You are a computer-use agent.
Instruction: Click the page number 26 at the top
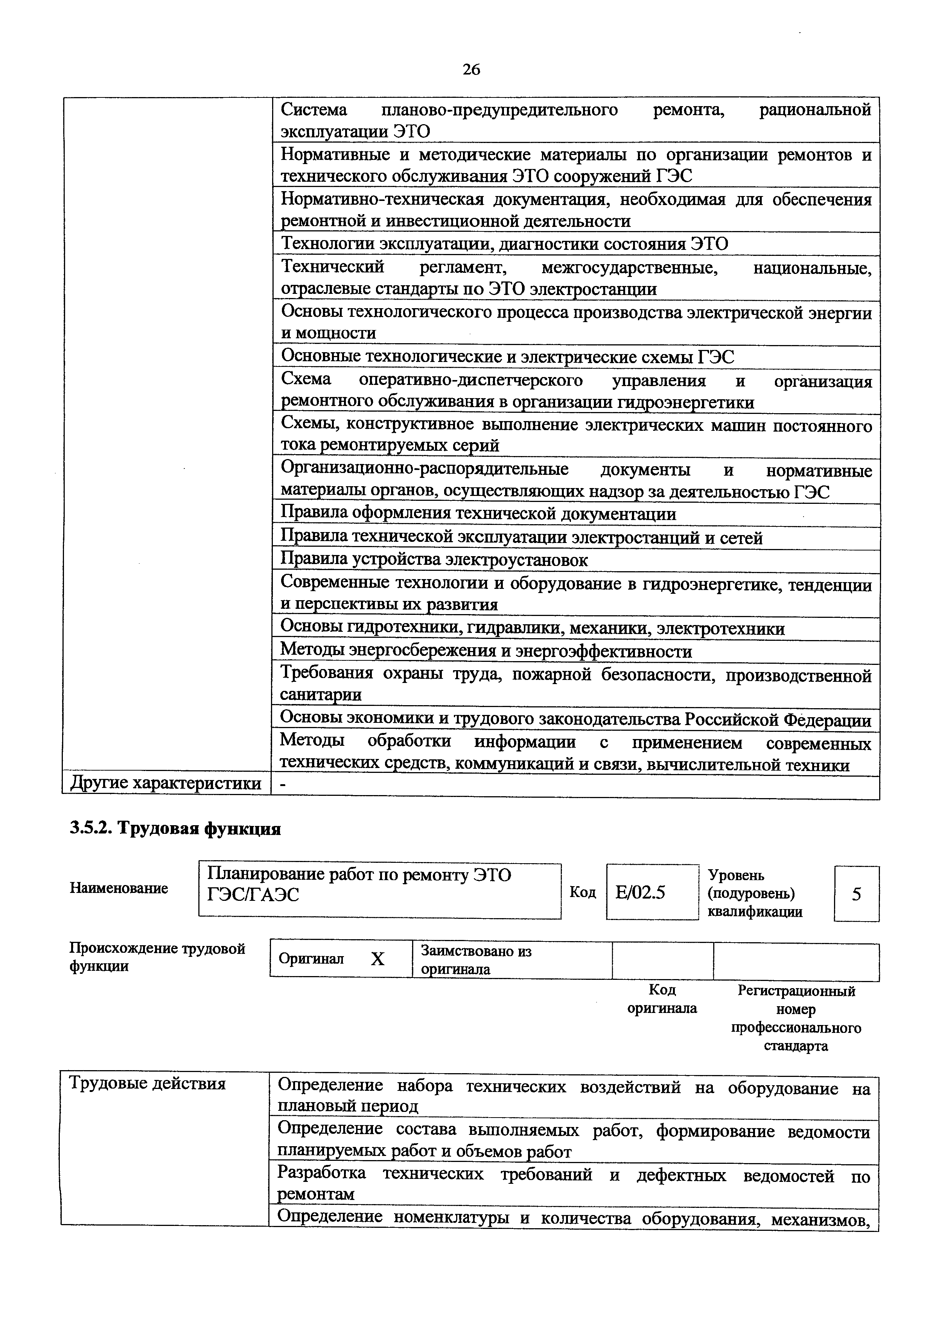pos(471,70)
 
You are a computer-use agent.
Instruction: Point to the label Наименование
pos(119,888)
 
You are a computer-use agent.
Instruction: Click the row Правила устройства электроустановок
pos(434,560)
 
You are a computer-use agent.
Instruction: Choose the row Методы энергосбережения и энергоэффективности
pos(486,651)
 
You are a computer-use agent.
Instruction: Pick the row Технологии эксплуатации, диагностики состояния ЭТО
pos(504,244)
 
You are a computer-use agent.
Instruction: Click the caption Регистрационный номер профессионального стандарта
pos(796,1017)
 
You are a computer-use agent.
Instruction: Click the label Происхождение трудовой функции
pos(157,957)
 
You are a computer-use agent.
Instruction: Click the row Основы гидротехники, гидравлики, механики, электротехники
pos(532,628)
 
